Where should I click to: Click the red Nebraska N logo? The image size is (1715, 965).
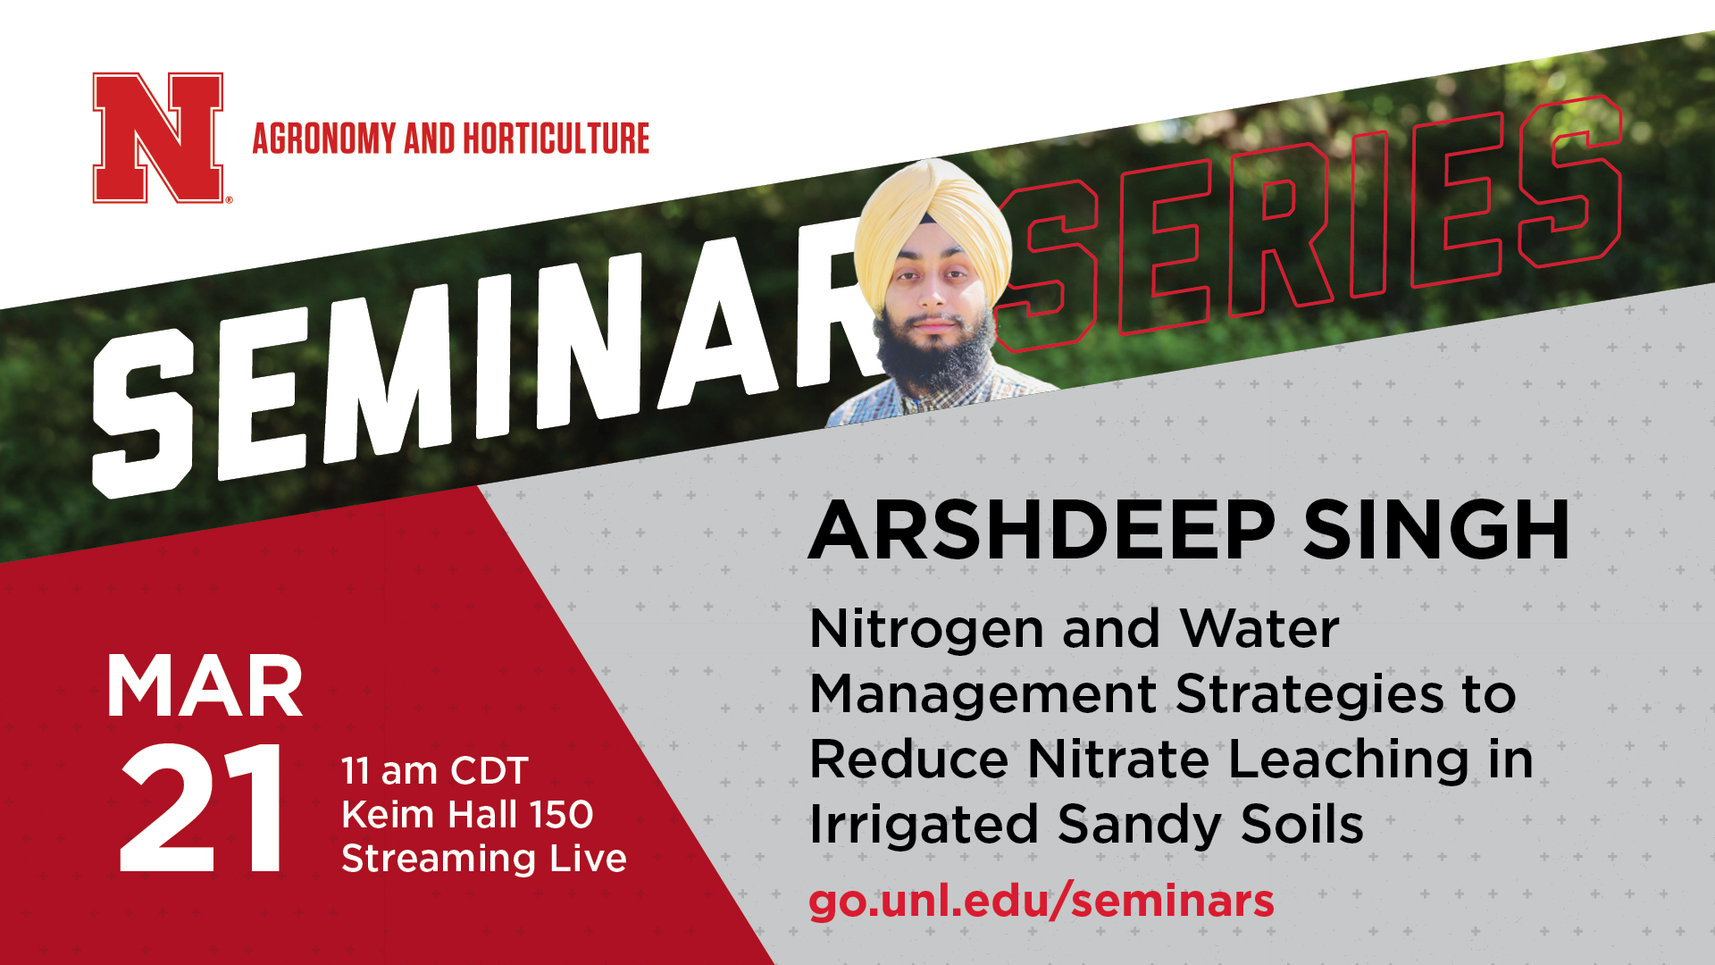pos(158,138)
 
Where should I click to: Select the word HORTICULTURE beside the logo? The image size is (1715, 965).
pos(556,138)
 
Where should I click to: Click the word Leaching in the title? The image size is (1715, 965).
pos(1349,761)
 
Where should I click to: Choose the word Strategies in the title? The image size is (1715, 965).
pos(1309,696)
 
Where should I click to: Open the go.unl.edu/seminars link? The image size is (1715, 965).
pos(1042,902)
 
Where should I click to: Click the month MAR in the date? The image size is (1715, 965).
pos(205,687)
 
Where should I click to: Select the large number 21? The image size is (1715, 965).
pos(202,808)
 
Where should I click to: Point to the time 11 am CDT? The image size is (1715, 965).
pos(435,771)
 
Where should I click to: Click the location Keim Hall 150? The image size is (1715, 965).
pos(467,815)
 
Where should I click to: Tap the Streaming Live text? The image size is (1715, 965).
pos(484,859)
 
